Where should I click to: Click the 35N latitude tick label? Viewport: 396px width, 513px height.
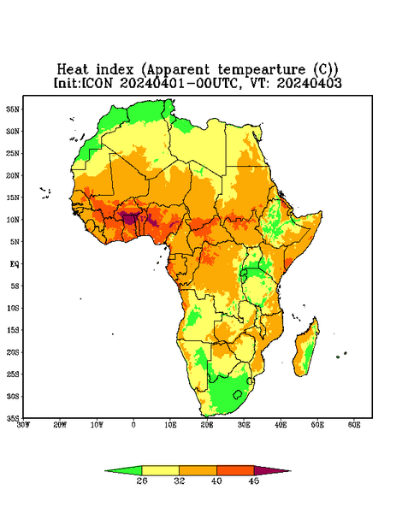click(13, 109)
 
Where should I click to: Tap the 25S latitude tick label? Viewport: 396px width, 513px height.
click(13, 374)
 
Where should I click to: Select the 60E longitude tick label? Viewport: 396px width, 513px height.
click(354, 425)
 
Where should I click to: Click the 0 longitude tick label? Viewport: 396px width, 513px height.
click(133, 425)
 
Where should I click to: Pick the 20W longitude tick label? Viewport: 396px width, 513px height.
click(60, 425)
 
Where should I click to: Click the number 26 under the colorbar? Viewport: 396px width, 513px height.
click(142, 481)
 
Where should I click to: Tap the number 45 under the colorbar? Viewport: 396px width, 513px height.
click(254, 481)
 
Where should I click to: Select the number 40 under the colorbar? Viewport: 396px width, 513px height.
click(216, 481)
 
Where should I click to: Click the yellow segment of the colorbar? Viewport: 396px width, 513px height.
click(160, 470)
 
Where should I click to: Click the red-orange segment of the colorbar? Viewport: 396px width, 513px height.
click(235, 470)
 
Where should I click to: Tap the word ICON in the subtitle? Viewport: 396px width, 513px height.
click(97, 83)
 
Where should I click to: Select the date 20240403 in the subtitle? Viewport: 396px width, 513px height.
click(310, 83)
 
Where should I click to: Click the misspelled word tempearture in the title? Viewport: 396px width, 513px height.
click(261, 70)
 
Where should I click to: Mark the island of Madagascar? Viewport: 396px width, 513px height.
click(305, 347)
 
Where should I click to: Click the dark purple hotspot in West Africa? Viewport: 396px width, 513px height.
click(129, 219)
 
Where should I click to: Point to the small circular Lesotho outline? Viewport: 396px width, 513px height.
click(238, 394)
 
